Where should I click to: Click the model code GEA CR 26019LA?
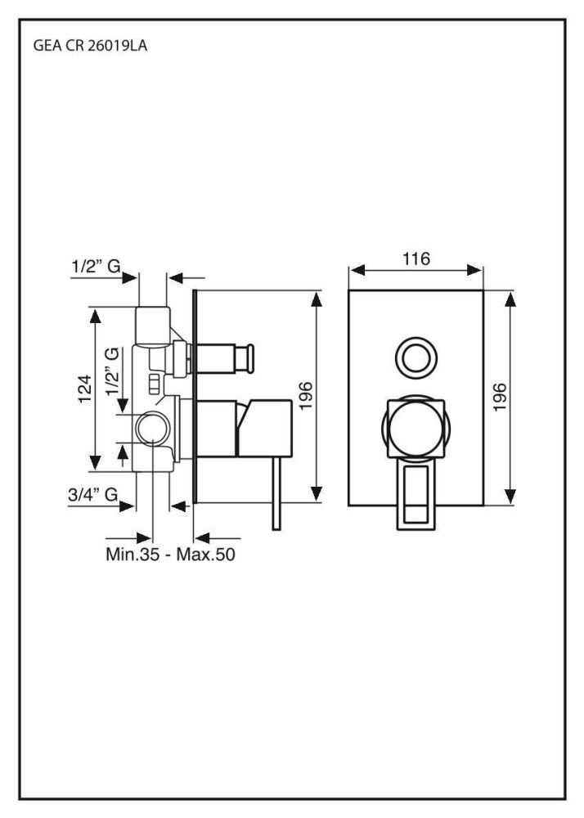point(90,46)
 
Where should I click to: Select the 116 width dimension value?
point(416,258)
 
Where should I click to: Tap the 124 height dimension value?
point(86,389)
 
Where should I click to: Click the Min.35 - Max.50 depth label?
point(170,554)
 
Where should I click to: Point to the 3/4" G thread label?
point(92,494)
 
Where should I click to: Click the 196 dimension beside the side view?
point(306,396)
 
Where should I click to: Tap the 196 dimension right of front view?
point(500,397)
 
